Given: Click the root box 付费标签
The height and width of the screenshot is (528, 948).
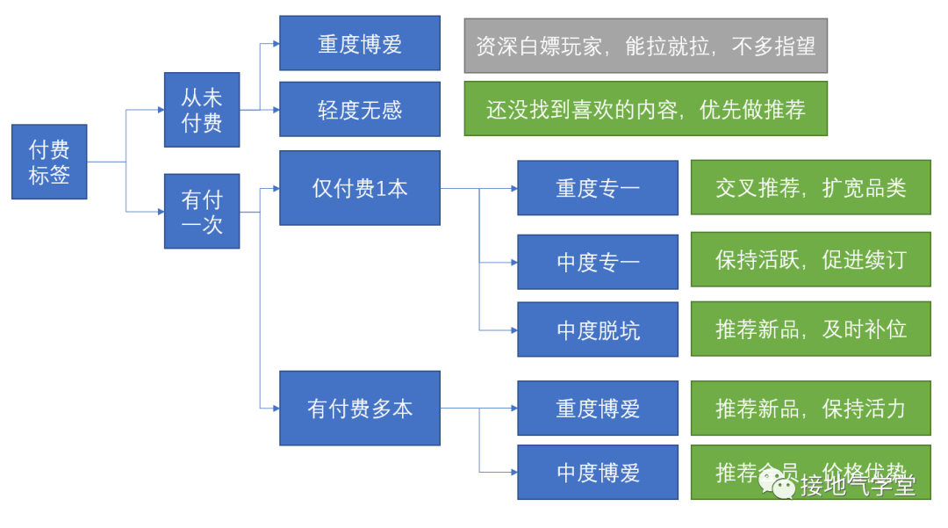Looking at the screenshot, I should click(49, 162).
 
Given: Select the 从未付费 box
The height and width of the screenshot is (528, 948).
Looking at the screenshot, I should click(202, 109).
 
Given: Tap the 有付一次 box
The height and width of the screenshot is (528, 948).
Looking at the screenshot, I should click(202, 211).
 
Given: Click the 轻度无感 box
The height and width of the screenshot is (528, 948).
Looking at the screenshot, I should click(360, 109).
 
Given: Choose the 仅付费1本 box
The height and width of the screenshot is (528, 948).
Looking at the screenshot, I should click(360, 188).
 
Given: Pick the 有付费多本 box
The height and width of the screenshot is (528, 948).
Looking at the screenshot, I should click(360, 408).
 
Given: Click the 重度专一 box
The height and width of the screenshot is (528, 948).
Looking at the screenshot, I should click(598, 188).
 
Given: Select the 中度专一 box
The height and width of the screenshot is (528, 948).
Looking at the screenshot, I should click(598, 262).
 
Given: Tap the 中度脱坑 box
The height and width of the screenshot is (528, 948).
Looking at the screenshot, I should click(598, 329).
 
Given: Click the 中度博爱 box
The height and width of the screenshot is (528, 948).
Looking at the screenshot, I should click(598, 472).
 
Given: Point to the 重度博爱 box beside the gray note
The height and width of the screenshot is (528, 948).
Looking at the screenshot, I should click(360, 43).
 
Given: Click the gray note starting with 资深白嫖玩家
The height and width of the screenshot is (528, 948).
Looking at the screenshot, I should click(645, 46).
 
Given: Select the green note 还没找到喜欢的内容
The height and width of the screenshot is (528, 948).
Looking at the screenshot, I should click(645, 109).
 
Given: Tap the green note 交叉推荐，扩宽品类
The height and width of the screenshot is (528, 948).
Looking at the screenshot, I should click(810, 187).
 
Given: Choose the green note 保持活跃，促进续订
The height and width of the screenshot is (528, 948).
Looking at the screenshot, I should click(810, 260).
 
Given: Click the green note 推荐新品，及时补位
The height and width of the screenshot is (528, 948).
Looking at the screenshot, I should click(810, 329).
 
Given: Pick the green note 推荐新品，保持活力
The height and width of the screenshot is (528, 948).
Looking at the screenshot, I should click(810, 408).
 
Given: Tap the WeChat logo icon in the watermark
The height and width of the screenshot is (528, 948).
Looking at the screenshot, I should click(777, 482).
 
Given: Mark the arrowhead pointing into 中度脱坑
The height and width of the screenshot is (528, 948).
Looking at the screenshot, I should click(513, 329).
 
